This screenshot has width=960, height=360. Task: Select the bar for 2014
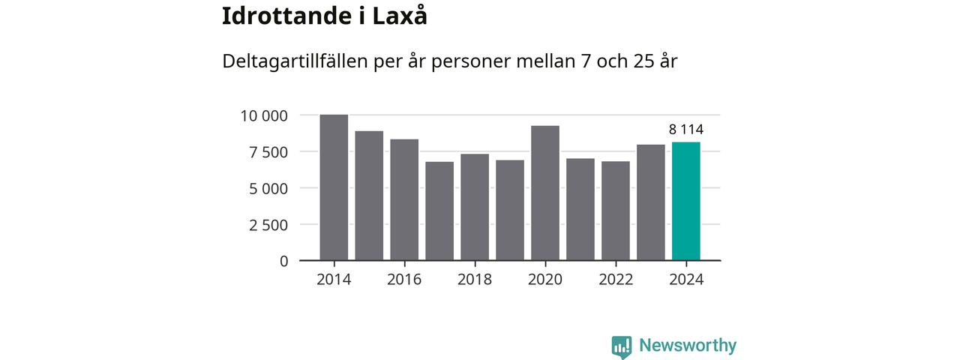[334, 187]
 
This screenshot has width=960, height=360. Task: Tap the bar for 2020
[545, 193]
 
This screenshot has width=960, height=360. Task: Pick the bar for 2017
[439, 211]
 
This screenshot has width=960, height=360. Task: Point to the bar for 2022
[616, 211]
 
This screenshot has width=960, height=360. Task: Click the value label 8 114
[685, 130]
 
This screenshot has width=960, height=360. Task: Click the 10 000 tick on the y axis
[264, 115]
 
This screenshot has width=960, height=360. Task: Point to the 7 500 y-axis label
[268, 152]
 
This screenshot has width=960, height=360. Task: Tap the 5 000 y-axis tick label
[268, 188]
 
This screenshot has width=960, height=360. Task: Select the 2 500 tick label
[268, 225]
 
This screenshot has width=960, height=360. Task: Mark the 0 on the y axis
[283, 261]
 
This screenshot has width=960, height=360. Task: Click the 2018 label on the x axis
[475, 280]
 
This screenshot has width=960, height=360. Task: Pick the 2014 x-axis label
[334, 280]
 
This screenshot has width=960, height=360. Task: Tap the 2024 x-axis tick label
[685, 280]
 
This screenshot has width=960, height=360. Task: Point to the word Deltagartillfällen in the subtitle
[295, 61]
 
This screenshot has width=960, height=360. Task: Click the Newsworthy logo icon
[621, 346]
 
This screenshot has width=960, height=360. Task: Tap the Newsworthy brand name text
[688, 346]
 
